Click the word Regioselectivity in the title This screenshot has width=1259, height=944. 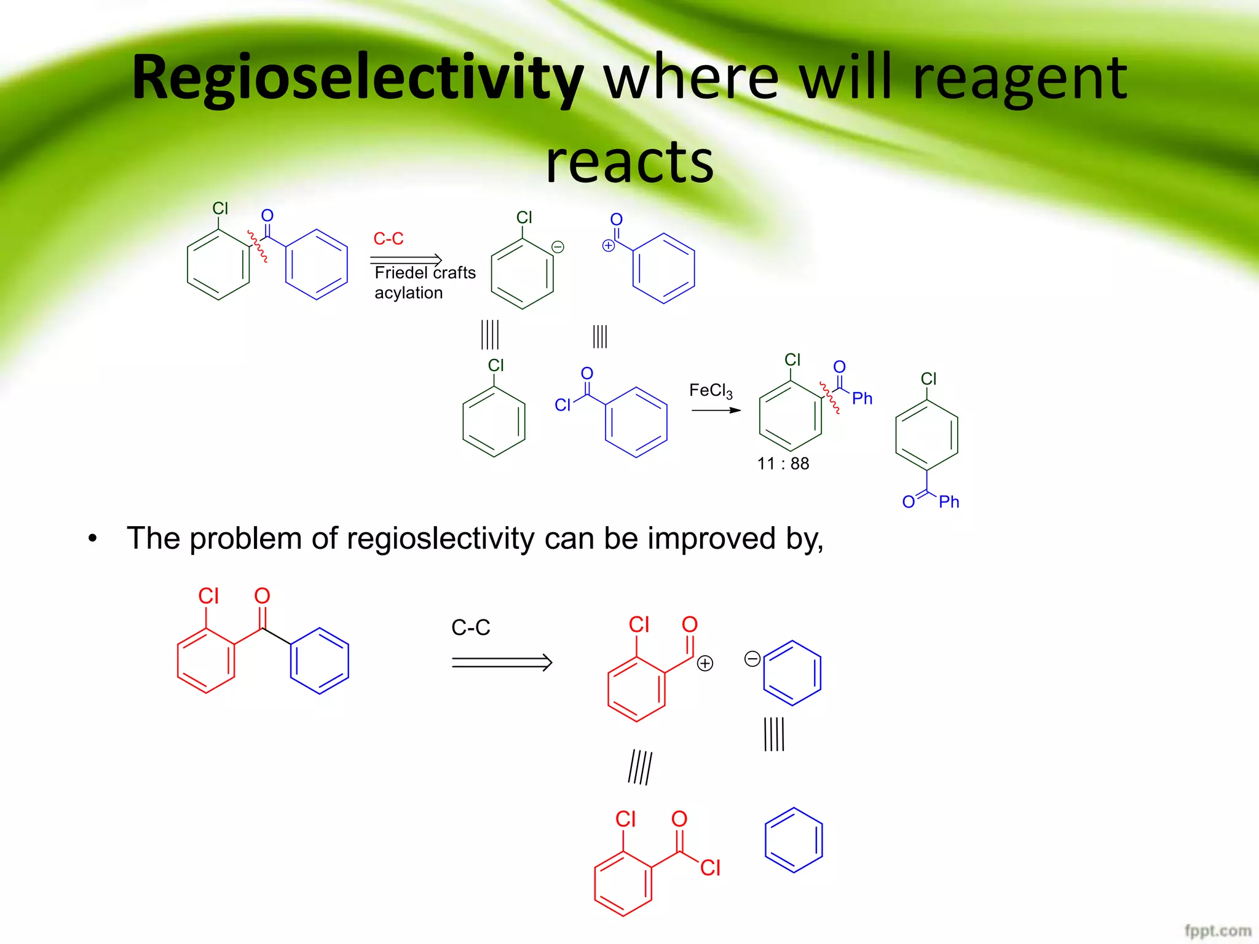click(357, 79)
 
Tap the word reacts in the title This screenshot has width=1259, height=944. click(629, 161)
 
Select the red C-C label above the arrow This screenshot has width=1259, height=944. click(389, 238)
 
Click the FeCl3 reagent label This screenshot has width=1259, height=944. click(711, 391)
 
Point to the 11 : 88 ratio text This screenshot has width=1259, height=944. click(783, 463)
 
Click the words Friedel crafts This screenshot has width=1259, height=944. click(425, 272)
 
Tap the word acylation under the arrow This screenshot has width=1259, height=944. click(409, 293)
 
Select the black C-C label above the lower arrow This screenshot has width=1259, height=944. click(471, 627)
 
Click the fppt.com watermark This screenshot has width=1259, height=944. click(1217, 930)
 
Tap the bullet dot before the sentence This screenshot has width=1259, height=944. click(92, 539)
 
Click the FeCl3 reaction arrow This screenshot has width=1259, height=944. click(716, 410)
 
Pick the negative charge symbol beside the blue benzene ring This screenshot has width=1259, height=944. click(752, 659)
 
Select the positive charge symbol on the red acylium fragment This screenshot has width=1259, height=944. click(705, 663)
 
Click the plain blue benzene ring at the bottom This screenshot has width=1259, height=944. click(794, 840)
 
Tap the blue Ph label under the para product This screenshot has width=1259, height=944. click(949, 502)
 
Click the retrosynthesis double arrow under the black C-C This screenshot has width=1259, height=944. click(502, 662)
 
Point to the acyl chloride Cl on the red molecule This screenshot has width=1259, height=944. click(710, 868)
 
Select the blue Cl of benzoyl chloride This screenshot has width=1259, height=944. click(562, 405)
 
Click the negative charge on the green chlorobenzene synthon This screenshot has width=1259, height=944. click(558, 247)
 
